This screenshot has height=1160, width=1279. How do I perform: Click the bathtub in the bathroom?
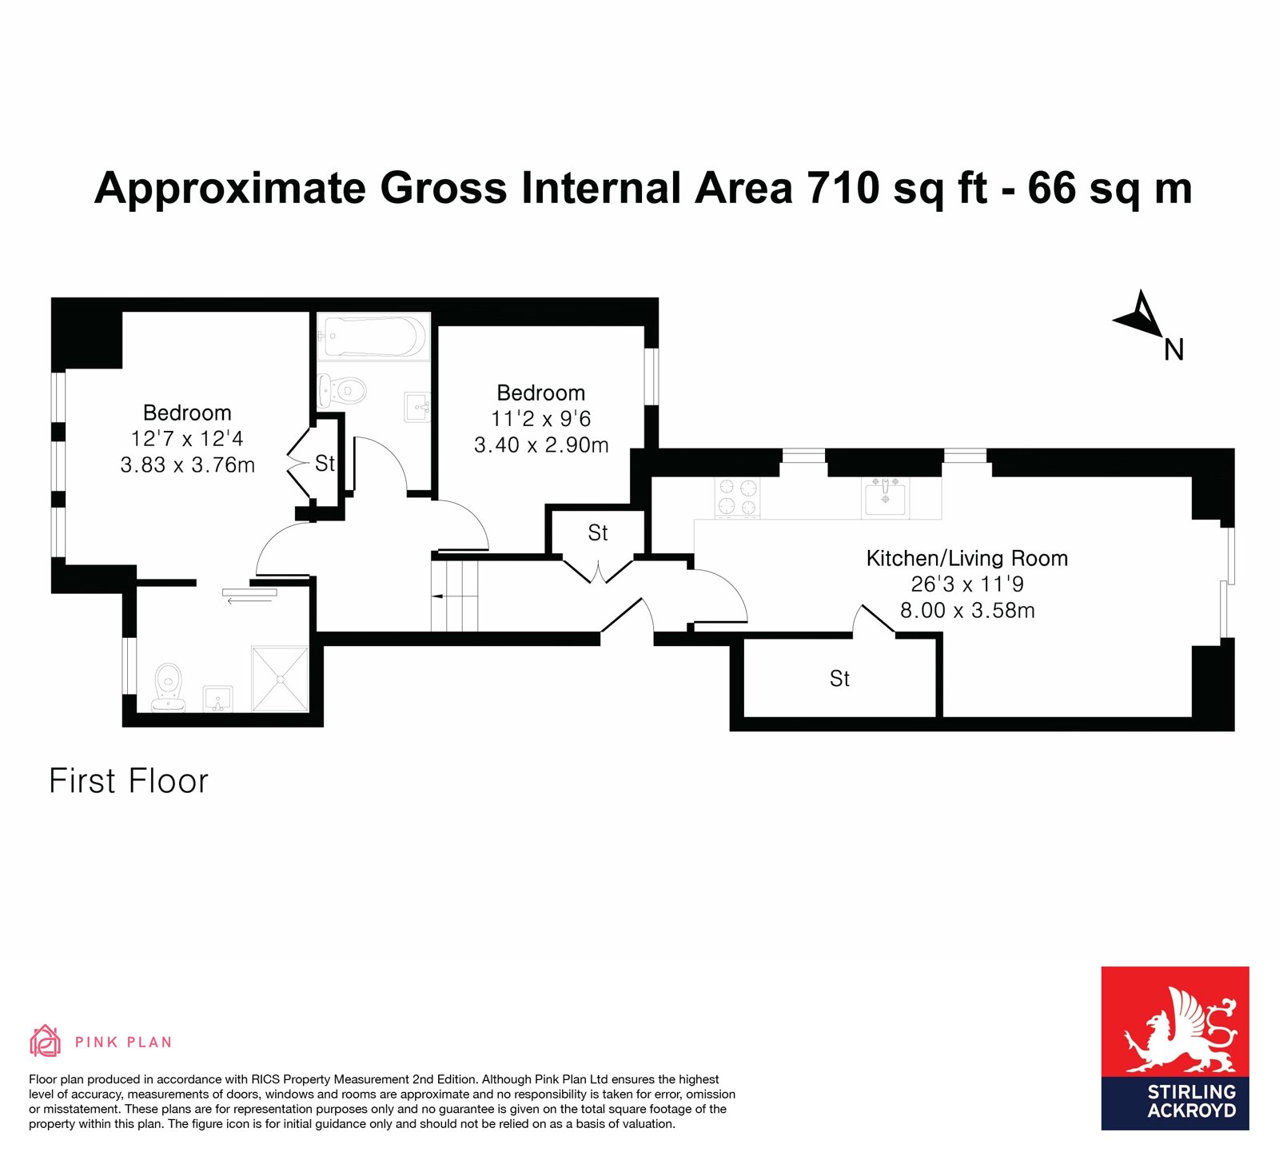tap(373, 337)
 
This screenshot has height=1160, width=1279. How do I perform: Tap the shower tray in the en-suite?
tap(280, 678)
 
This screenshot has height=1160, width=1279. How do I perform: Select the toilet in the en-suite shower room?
tap(169, 687)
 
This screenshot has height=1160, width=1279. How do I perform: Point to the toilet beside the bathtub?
tap(341, 391)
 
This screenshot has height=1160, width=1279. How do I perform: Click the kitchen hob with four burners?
tap(737, 497)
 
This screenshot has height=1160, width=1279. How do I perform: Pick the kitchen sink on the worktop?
tap(885, 497)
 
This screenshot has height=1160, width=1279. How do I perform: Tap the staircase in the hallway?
tap(454, 596)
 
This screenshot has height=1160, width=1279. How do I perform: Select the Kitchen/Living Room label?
tap(967, 558)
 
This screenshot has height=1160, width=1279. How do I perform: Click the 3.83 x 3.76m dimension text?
tap(188, 464)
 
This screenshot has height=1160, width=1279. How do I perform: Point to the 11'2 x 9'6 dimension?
tap(541, 418)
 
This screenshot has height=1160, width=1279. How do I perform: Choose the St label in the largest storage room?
tap(839, 678)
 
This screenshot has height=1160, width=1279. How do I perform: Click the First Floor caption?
tap(129, 781)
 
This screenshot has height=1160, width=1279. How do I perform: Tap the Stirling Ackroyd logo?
tap(1175, 1048)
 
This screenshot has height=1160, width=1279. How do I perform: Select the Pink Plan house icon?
tap(46, 1041)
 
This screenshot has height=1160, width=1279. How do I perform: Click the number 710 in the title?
tap(843, 188)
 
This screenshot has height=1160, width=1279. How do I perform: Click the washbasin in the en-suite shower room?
tap(217, 698)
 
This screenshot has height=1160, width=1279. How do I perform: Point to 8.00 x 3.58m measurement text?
tap(967, 611)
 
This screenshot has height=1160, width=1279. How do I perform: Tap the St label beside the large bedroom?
tap(325, 463)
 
